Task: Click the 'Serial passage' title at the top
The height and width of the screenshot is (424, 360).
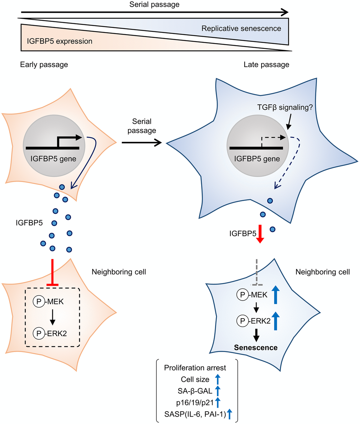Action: pos(155,5)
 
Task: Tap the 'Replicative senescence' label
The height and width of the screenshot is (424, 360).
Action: pos(241,29)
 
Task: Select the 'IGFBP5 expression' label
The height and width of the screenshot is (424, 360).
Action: pos(60,41)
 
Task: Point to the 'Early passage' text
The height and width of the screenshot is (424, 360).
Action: pos(44,65)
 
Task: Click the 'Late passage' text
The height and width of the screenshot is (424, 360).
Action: pos(266,65)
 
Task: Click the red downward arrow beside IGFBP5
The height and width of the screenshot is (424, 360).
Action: pos(260,234)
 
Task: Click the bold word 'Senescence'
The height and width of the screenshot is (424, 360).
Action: pos(256,347)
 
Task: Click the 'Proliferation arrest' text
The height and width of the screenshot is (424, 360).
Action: pos(195,368)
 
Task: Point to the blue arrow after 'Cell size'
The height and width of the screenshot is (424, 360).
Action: pos(218,380)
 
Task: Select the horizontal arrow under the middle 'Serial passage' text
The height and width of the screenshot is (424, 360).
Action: pos(141,143)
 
